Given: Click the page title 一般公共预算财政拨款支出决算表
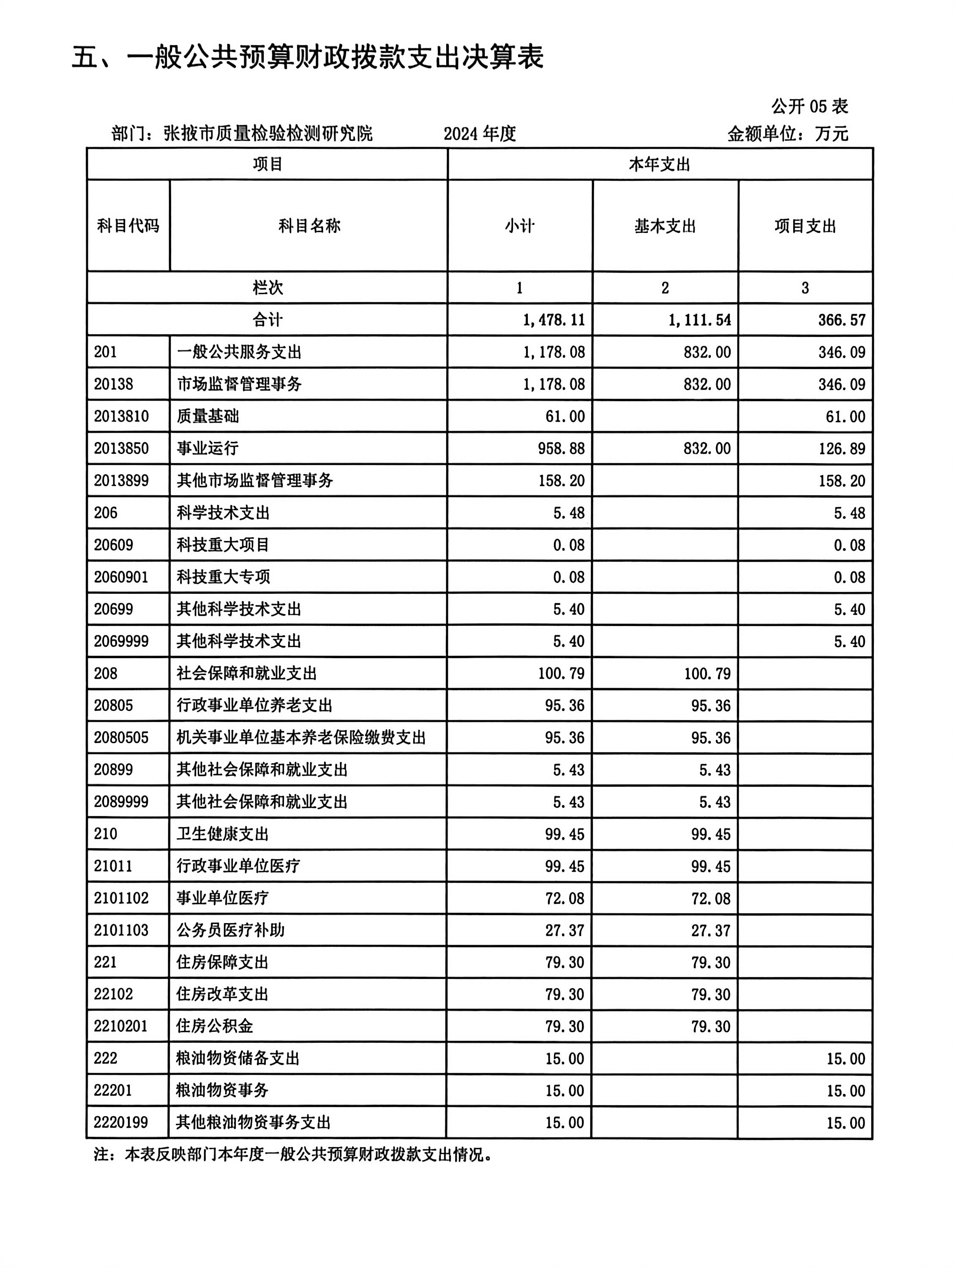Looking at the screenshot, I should point(308,58).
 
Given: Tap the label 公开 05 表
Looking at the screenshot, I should point(809,106).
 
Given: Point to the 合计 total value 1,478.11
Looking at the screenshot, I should point(554,320).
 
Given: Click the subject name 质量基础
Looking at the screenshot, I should point(207,416).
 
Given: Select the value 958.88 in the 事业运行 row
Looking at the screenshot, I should point(561,448).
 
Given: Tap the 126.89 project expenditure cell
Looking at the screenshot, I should point(841,448).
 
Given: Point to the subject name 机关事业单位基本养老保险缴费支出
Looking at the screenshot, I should point(301,737).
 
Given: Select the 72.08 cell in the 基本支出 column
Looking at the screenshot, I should point(711,898).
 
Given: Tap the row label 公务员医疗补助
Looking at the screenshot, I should point(230,930).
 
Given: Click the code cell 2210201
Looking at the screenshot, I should point(121,1026).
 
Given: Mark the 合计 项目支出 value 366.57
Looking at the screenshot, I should point(841,320).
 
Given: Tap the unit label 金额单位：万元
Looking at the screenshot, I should point(788,134).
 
